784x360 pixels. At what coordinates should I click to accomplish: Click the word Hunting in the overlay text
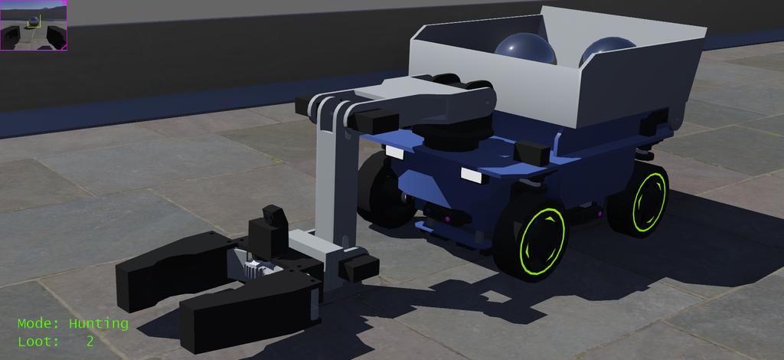point(99,324)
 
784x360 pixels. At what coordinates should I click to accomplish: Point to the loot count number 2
point(90,342)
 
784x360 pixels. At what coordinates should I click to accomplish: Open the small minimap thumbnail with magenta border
point(34,25)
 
